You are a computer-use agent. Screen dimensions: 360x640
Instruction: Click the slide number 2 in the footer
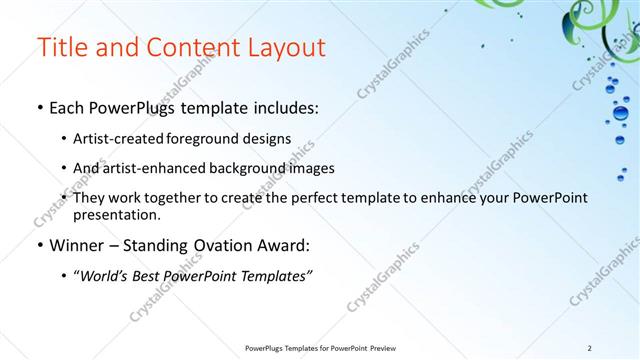coord(590,347)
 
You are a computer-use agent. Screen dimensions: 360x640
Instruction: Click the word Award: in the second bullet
coord(282,245)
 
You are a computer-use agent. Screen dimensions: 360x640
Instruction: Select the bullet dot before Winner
coord(39,245)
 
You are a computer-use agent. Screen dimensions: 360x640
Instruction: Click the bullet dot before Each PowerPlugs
coord(39,108)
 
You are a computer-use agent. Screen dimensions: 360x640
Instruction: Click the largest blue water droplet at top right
coord(620,113)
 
